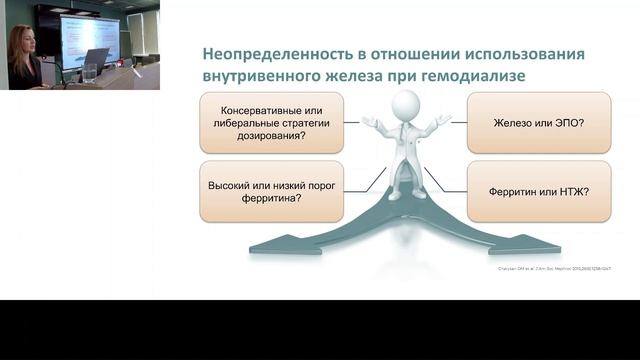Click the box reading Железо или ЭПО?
click(538, 123)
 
